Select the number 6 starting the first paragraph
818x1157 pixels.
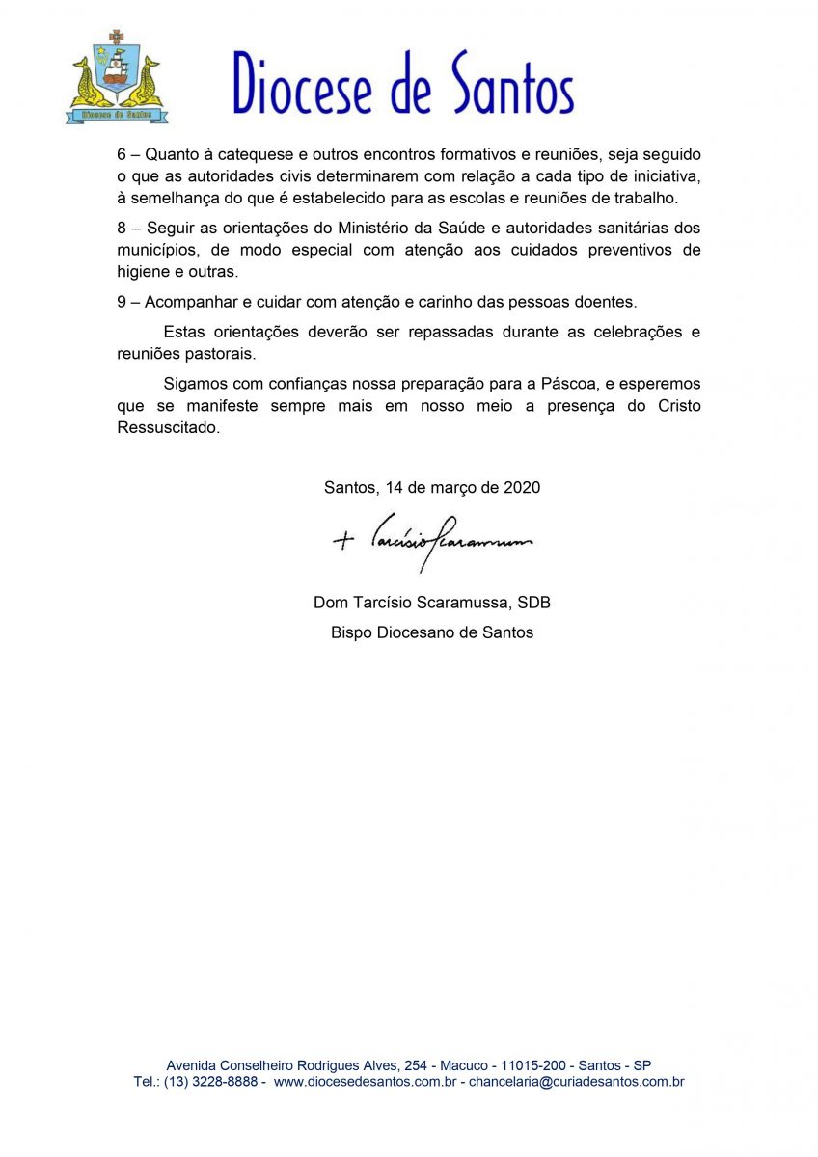click(122, 155)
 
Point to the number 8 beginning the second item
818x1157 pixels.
click(122, 228)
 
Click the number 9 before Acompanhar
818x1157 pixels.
click(122, 302)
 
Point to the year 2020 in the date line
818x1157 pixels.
click(522, 488)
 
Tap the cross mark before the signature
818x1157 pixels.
click(343, 541)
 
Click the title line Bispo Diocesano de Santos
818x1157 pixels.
click(432, 633)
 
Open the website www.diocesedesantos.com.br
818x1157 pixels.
click(365, 1082)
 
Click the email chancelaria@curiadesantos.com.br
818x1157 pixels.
click(576, 1082)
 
